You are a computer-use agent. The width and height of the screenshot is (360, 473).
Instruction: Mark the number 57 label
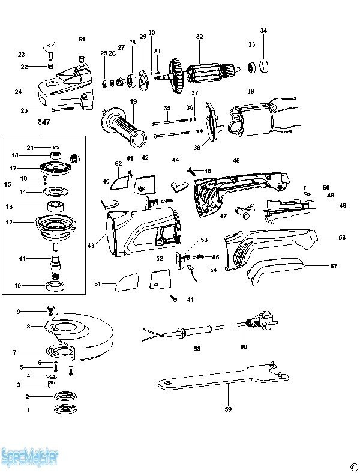(334, 265)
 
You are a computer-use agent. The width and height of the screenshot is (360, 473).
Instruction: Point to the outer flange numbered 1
(62, 409)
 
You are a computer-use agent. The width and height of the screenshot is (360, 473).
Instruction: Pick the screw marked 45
(191, 171)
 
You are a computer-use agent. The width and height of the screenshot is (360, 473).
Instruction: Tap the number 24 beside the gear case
(18, 92)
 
